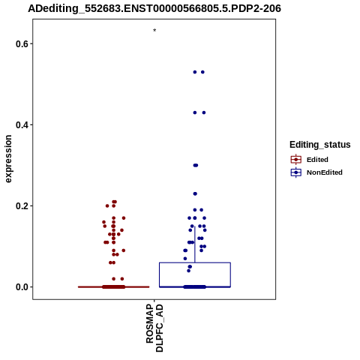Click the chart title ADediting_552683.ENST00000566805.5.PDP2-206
(154, 8)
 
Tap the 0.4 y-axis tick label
(21, 125)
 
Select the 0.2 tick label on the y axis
(21, 206)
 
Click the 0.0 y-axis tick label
(21, 287)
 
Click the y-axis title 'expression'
(8, 159)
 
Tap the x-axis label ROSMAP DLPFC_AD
(154, 328)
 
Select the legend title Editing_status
(320, 145)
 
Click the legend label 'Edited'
(317, 160)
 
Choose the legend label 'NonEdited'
(325, 172)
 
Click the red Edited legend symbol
(296, 160)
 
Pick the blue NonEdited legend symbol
(296, 172)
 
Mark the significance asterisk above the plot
(154, 31)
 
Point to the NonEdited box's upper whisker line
(195, 244)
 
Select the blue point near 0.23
(195, 193)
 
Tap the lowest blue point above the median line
(189, 271)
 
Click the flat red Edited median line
(114, 287)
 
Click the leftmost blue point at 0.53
(195, 72)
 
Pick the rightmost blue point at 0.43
(204, 112)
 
